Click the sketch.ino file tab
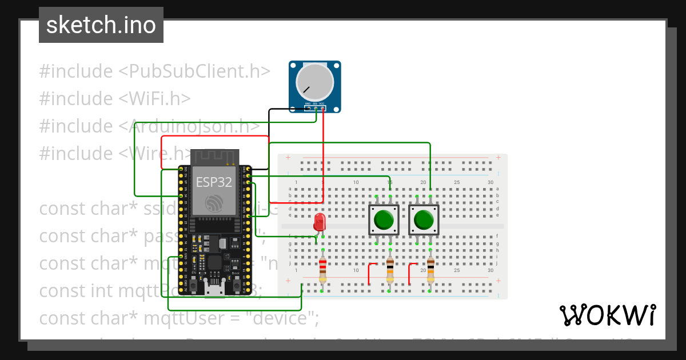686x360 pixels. point(101,25)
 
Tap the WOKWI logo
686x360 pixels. point(608,315)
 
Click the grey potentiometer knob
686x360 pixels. point(314,83)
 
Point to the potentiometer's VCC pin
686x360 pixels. point(323,107)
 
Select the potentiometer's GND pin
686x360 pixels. point(308,107)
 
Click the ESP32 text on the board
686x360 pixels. point(214,182)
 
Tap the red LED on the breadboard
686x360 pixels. point(320,221)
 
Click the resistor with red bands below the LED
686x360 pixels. point(323,270)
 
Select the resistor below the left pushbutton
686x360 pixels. point(390,270)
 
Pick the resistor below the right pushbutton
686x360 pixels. point(430,270)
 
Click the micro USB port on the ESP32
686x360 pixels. point(214,289)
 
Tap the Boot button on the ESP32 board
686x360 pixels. point(236,282)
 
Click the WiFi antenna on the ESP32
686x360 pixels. point(214,157)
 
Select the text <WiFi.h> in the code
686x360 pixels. point(154,99)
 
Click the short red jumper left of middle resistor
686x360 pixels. point(370,273)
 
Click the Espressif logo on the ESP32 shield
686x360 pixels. point(214,203)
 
